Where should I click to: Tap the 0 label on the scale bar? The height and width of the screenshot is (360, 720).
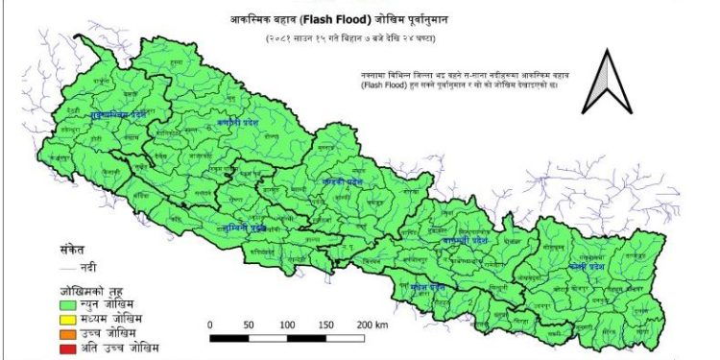point(209,325)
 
